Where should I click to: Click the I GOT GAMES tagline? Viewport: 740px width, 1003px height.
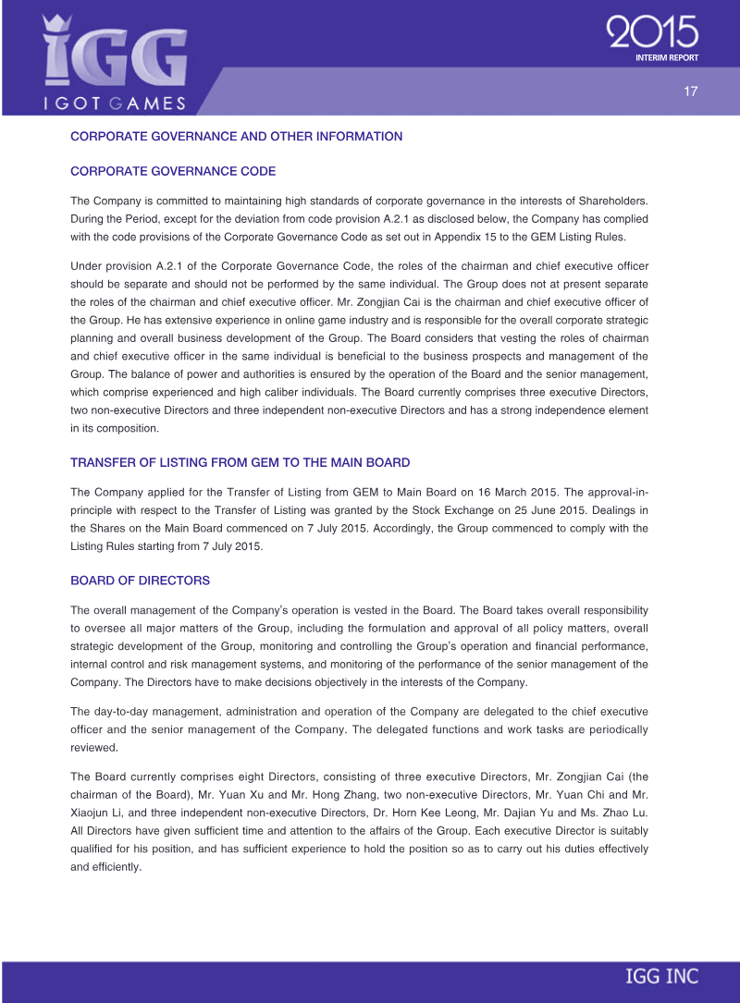coord(115,103)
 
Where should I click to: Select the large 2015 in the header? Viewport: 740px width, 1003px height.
coord(652,33)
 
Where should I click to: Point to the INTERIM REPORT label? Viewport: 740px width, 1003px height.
coord(666,57)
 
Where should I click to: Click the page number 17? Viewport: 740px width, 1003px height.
coord(690,92)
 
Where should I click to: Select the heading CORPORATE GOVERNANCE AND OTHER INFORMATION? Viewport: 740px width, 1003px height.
coord(236,137)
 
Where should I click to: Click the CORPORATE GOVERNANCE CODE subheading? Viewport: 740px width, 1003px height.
coord(173,172)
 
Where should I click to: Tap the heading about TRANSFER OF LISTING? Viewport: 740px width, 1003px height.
coord(240,462)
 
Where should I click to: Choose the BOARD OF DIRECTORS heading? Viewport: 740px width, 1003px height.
coord(140,581)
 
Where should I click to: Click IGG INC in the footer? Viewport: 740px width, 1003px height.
coord(661,976)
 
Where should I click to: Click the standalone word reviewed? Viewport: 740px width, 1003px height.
coord(95,747)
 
